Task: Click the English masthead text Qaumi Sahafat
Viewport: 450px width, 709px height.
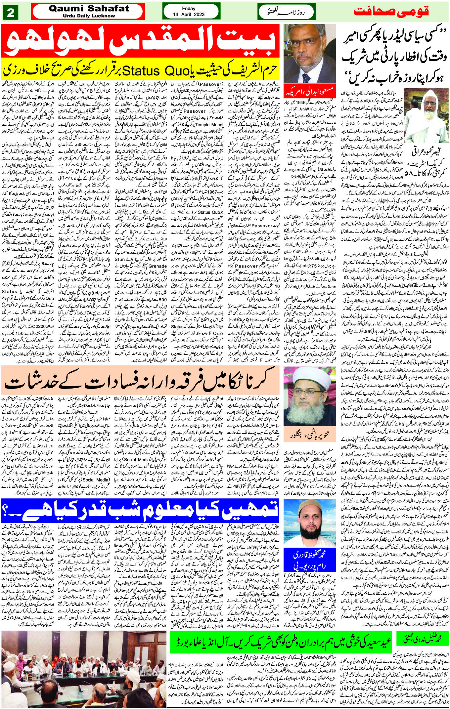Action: [x=89, y=8]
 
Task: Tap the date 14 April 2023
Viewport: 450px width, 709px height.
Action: [x=189, y=15]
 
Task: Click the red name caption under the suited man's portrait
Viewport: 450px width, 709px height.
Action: [x=309, y=91]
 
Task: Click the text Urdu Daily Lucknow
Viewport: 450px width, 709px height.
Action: [x=89, y=16]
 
